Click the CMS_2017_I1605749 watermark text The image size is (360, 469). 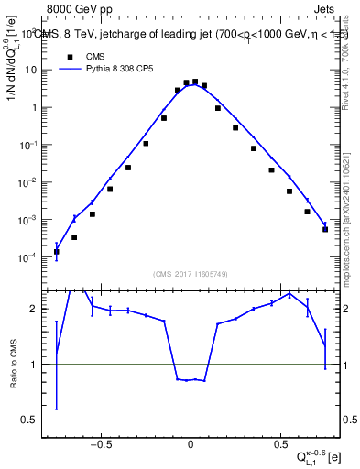coord(190,275)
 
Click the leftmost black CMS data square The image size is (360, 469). coord(57,251)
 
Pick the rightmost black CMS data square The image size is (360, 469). coord(325,229)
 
